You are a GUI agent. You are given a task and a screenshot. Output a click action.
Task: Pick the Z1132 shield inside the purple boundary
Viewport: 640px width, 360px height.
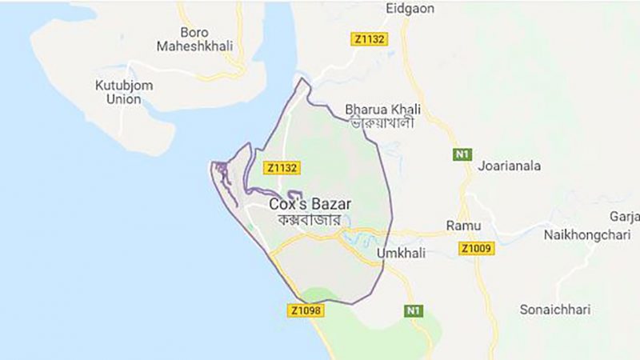pos(282,167)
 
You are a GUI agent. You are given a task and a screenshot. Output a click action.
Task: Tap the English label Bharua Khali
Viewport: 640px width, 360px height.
pos(382,109)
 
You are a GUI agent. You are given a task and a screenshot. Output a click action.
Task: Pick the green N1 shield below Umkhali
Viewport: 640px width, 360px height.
pos(413,310)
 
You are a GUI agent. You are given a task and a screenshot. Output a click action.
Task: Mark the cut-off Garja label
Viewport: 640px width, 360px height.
pos(625,217)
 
